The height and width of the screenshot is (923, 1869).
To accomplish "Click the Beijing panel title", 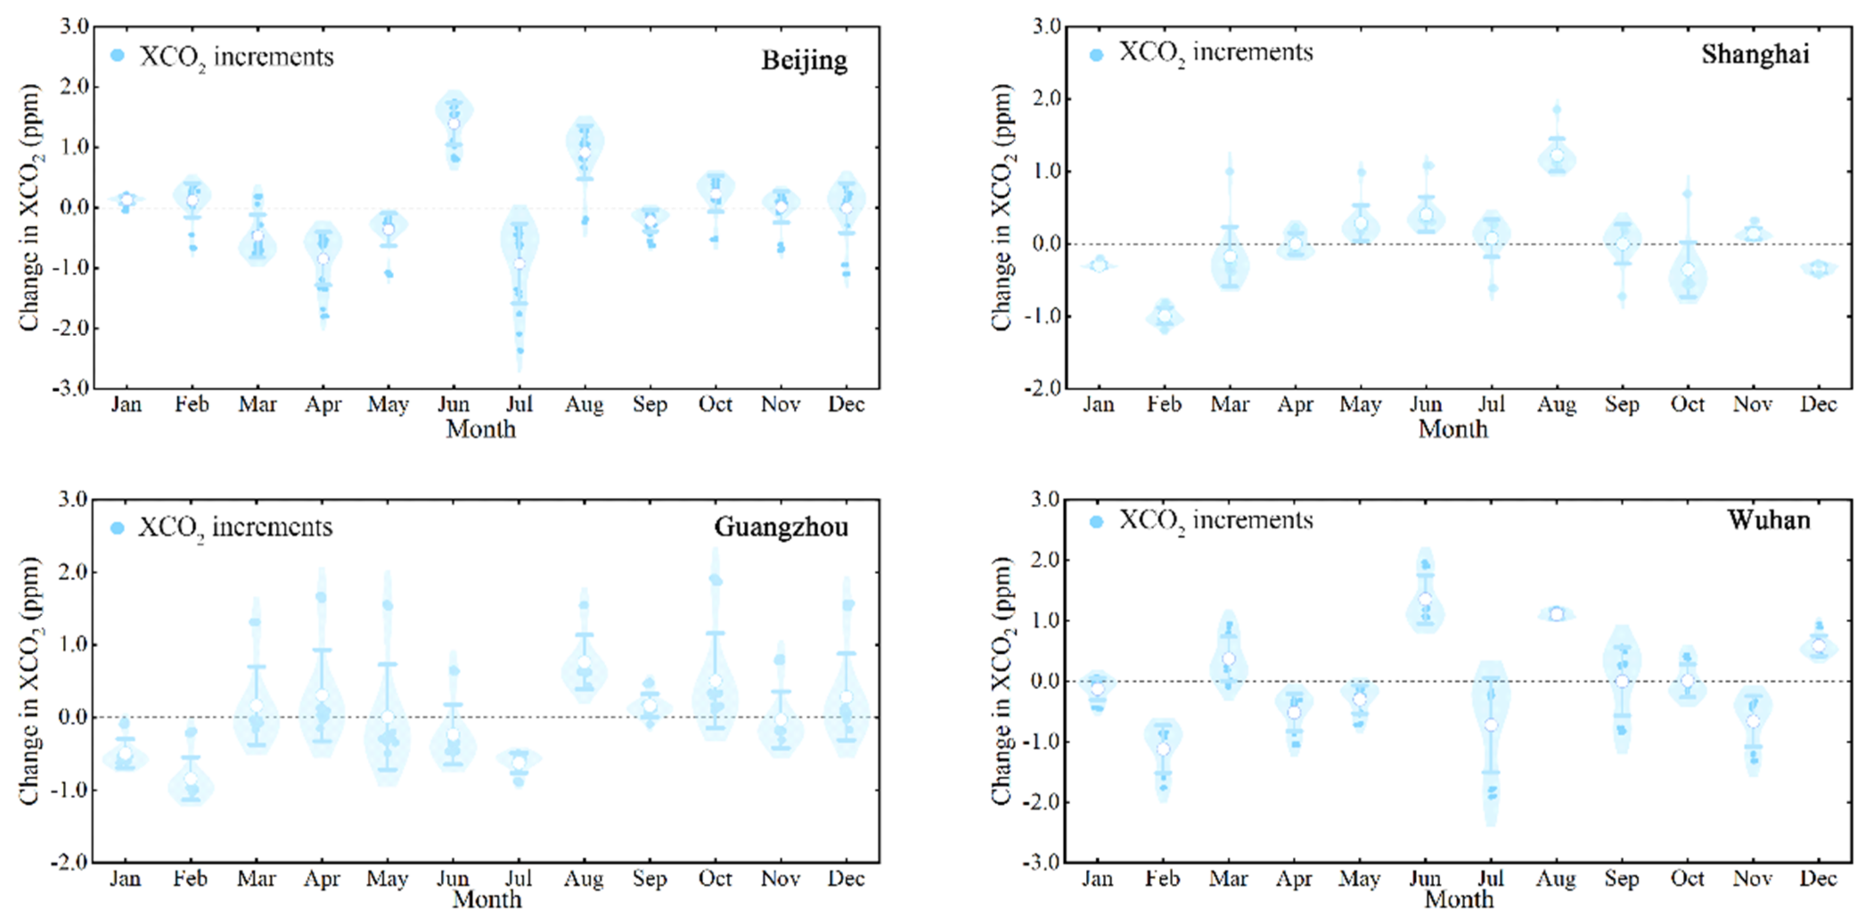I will click(804, 60).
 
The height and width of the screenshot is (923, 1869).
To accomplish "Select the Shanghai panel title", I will click(1755, 55).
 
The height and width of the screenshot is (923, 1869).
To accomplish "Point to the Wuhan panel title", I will click(1769, 520).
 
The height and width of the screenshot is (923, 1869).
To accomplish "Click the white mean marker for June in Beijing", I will click(454, 123).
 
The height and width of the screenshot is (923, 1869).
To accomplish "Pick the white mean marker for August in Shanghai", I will click(1557, 155).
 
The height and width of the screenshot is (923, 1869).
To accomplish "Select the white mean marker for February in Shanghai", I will click(1164, 316).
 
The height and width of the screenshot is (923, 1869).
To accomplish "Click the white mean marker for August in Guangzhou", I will click(584, 662).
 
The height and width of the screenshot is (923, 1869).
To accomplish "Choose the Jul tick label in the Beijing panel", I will click(519, 404).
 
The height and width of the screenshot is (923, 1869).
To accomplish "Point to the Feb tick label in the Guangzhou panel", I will click(190, 879).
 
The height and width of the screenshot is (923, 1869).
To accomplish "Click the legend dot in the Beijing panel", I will click(118, 56).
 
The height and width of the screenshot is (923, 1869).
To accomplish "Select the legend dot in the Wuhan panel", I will click(1096, 522).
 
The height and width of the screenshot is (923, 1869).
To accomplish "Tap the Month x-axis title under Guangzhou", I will click(487, 900).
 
